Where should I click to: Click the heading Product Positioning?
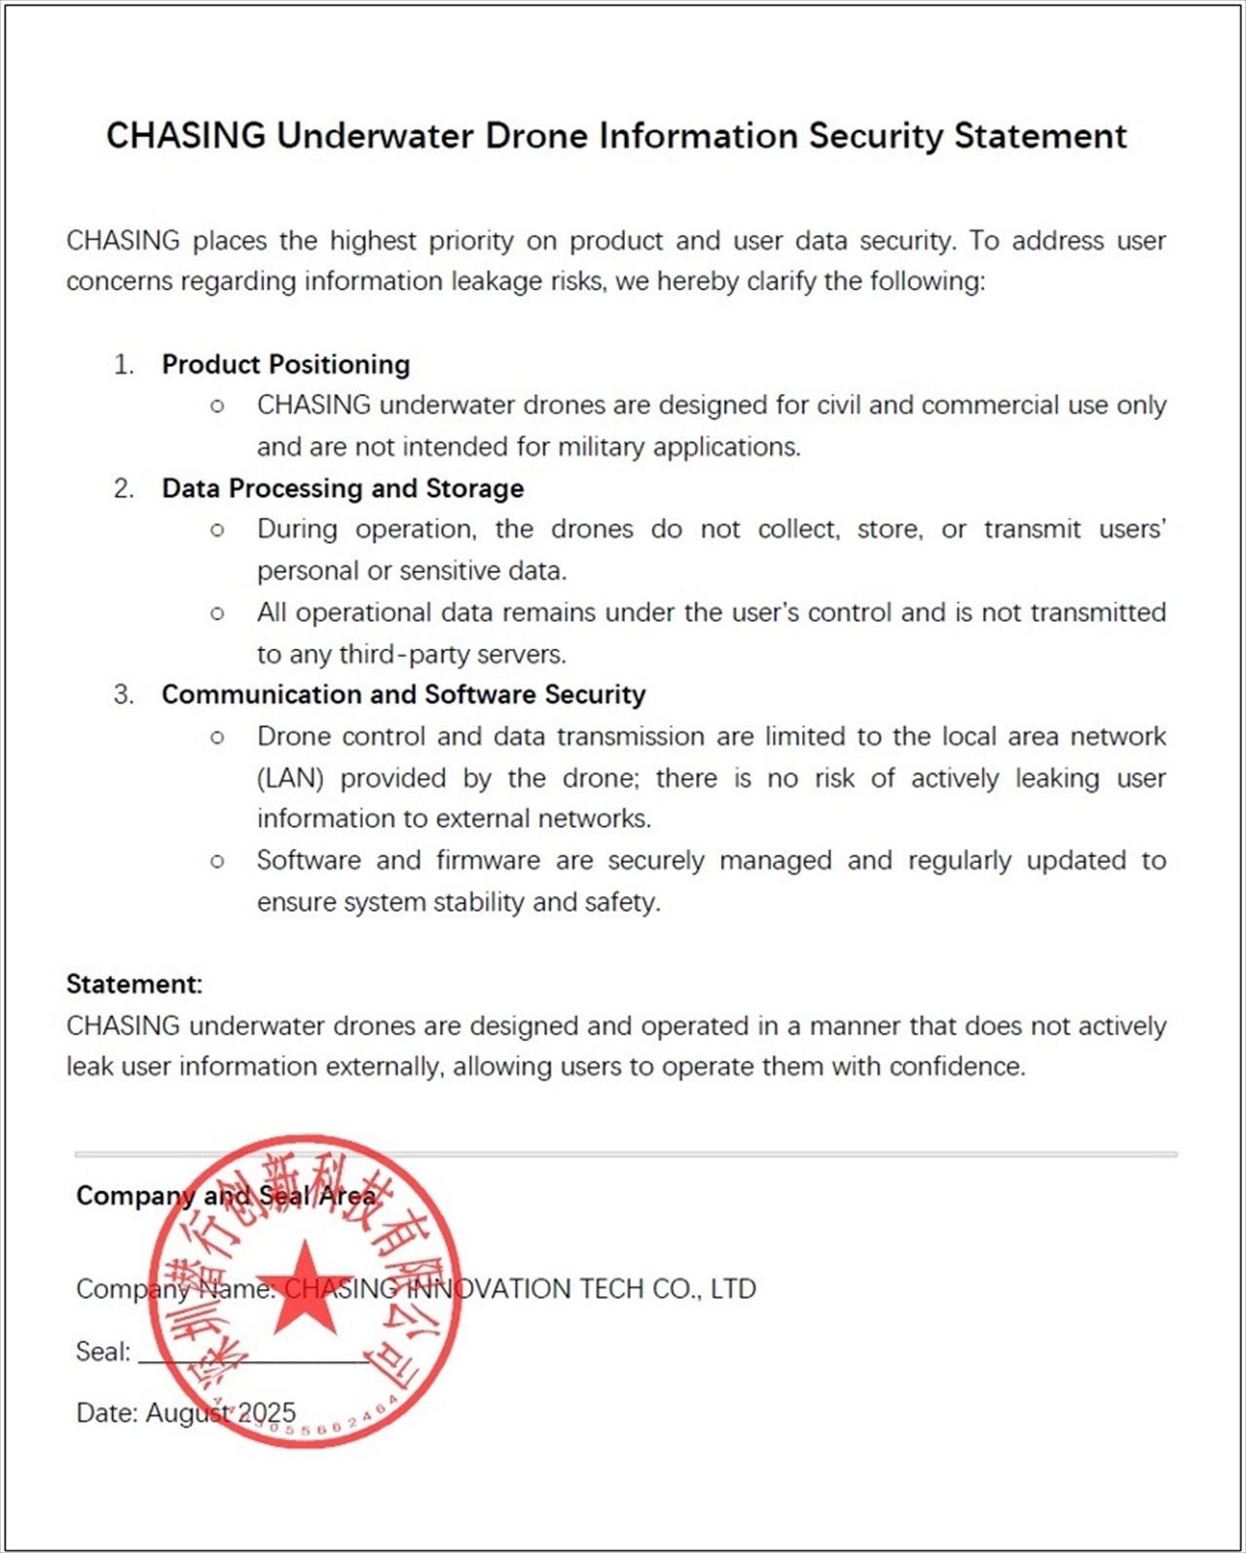pyautogui.click(x=285, y=364)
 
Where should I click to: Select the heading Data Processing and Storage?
pyautogui.click(x=343, y=488)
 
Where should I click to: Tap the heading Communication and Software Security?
pyautogui.click(x=403, y=694)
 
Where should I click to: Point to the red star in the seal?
pyautogui.click(x=305, y=1290)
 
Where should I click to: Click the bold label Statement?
pyautogui.click(x=134, y=984)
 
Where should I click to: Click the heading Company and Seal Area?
pyautogui.click(x=226, y=1195)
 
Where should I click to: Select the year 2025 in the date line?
pyautogui.click(x=267, y=1412)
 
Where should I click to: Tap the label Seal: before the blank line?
pyautogui.click(x=103, y=1351)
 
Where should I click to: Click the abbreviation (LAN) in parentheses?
pyautogui.click(x=290, y=778)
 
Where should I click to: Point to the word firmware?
pyautogui.click(x=488, y=860)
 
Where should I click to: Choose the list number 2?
pyautogui.click(x=124, y=488)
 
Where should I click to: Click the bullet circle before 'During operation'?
pyautogui.click(x=217, y=530)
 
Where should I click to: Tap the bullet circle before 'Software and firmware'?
pyautogui.click(x=217, y=861)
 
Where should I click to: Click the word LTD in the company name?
pyautogui.click(x=733, y=1288)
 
